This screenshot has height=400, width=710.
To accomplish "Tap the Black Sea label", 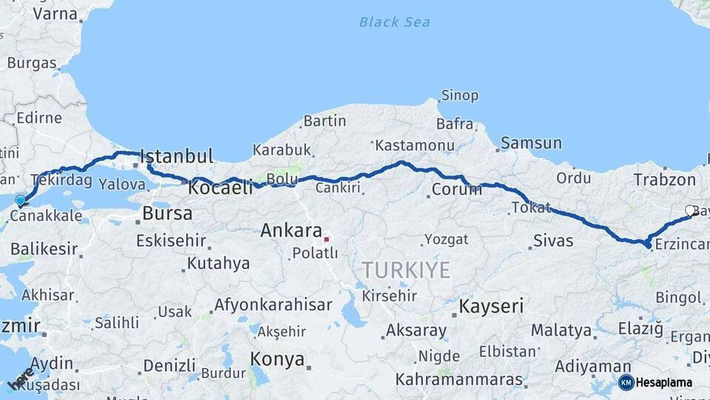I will click(394, 21).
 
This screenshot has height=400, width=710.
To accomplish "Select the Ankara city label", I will click(291, 230).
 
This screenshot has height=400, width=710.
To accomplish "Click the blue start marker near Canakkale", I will click(20, 200).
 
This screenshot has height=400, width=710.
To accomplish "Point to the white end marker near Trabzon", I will click(690, 210).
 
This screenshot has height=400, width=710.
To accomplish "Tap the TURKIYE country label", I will click(405, 270).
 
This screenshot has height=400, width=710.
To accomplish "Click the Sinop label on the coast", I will click(459, 96).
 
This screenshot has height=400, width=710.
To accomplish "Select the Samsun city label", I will click(531, 143).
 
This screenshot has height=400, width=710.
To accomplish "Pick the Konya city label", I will click(277, 359).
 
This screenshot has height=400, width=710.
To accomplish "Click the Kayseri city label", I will click(491, 305).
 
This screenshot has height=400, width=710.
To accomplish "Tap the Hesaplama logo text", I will click(664, 382).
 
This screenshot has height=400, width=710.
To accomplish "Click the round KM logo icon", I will click(626, 382).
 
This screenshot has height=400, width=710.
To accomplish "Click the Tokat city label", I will click(532, 207).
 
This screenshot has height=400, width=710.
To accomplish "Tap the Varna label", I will click(55, 13).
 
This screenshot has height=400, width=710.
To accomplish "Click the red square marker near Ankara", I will click(326, 239).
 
